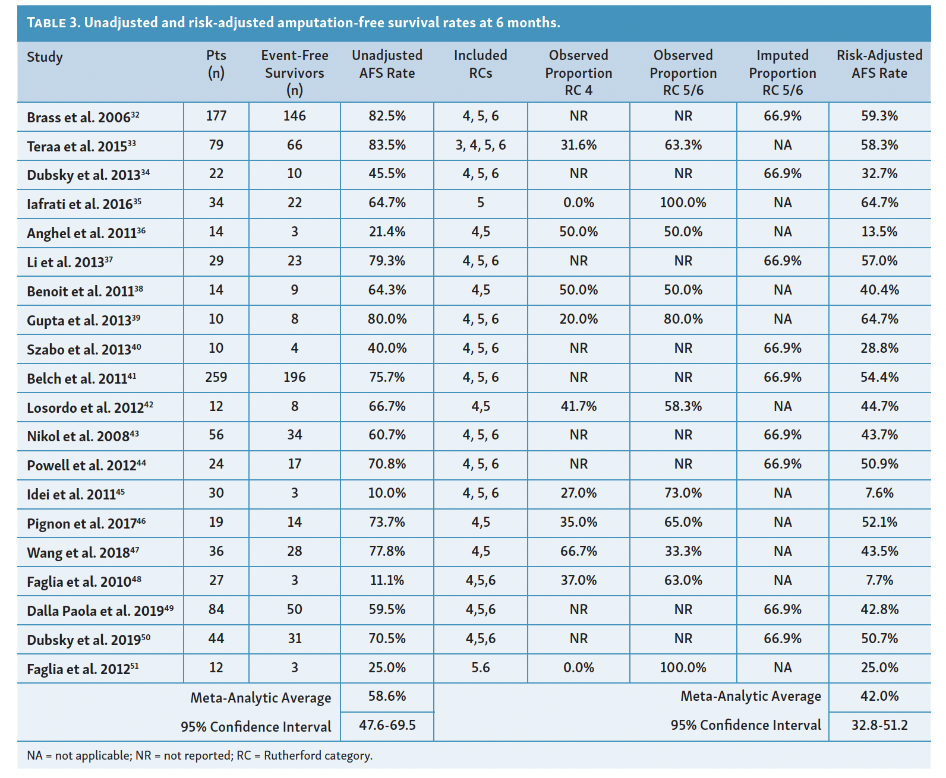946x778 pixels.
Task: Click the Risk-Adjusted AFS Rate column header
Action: pos(879,64)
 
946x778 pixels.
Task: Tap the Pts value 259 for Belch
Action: pos(216,377)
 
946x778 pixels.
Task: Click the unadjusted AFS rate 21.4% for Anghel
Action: pos(387,232)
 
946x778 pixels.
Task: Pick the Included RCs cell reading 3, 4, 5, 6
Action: pos(480,145)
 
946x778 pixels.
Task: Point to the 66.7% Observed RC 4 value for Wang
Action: pos(578,551)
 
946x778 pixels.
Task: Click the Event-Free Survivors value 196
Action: pos(294,377)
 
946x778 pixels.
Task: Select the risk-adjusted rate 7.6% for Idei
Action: pos(879,493)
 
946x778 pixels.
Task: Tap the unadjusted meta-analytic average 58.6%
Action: pos(387,696)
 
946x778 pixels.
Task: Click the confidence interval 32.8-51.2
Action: pos(879,725)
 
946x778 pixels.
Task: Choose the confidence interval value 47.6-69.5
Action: pos(387,725)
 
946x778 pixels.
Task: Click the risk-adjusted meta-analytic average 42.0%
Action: pos(879,696)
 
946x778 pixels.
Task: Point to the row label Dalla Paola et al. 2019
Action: pos(100,611)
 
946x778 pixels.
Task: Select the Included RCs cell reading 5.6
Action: pos(480,668)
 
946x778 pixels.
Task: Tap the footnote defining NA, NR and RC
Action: pos(200,755)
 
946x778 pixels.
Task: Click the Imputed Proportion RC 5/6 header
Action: pos(782,72)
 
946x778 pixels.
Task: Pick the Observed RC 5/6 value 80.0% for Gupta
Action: pos(683,319)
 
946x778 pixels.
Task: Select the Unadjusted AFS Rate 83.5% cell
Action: pos(387,145)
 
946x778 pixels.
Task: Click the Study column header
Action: pos(45,57)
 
